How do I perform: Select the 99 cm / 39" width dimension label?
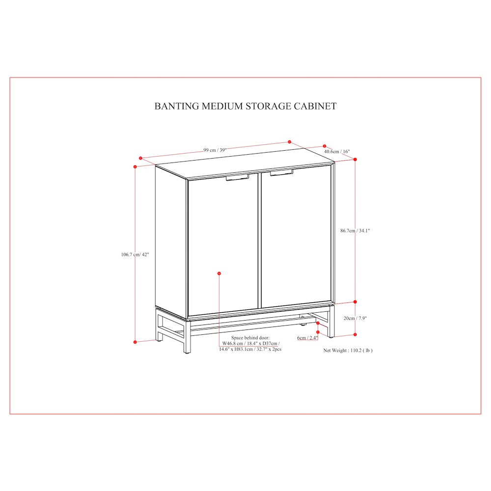[215, 150]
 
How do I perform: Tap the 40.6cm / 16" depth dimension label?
[337, 152]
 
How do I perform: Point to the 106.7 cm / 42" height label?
[135, 254]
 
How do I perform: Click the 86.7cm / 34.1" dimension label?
[355, 231]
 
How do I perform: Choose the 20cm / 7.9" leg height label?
[355, 319]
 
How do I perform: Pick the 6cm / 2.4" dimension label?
[307, 338]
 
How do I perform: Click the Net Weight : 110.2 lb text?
[348, 351]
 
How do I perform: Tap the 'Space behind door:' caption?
[250, 338]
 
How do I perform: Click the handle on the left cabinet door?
[237, 178]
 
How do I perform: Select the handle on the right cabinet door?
[281, 172]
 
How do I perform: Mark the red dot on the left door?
[219, 273]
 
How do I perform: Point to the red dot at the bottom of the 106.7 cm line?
[135, 342]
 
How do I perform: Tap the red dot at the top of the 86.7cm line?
[355, 160]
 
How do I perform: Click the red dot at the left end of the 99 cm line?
[140, 159]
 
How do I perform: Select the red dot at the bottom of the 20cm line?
[355, 334]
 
